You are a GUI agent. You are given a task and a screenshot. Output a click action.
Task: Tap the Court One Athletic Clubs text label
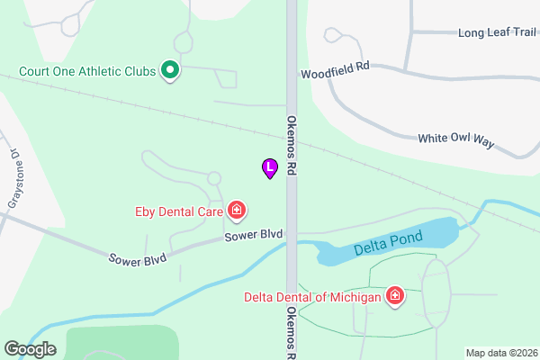[x=87, y=70]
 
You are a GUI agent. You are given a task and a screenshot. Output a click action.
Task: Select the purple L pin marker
[x=269, y=167]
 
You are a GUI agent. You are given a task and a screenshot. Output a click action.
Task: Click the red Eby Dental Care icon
[x=237, y=211]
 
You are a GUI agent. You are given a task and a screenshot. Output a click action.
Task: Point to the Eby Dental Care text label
[x=179, y=212]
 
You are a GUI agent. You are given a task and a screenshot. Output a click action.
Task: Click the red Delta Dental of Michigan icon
[x=394, y=295]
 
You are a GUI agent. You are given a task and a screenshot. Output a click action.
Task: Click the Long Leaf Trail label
[x=497, y=33]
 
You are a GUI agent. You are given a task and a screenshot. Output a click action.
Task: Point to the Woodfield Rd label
[x=336, y=70]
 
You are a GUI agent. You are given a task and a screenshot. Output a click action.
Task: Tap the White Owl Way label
[x=456, y=139]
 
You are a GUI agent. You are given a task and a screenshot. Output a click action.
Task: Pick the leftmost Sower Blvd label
[x=138, y=259]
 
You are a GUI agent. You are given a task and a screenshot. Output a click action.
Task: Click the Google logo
[x=30, y=349]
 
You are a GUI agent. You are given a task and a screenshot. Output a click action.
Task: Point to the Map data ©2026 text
[x=500, y=353]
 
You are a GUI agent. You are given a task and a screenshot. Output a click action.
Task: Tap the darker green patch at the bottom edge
[x=121, y=345]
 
